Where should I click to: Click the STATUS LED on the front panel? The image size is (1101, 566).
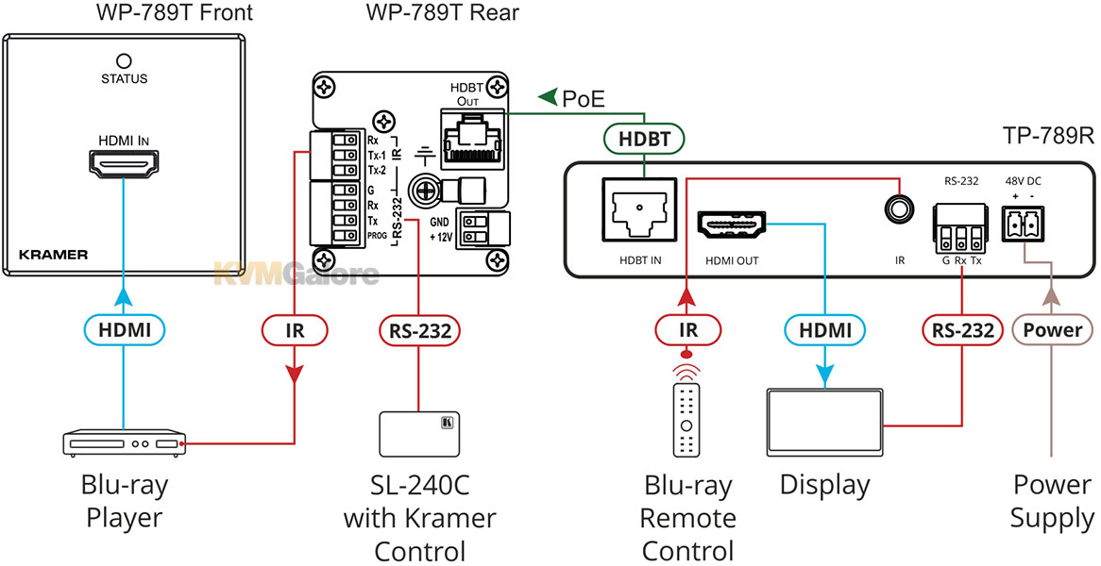click(124, 60)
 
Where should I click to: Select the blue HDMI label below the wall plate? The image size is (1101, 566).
click(124, 329)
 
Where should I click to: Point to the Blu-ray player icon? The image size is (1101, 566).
click(124, 443)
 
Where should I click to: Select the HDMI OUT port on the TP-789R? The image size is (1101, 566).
click(731, 225)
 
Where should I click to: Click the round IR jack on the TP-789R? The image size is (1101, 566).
click(900, 209)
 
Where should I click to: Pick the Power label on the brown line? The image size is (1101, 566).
click(1051, 329)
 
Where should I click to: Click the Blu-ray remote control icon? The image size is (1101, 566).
click(686, 419)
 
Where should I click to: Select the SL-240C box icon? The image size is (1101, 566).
click(419, 433)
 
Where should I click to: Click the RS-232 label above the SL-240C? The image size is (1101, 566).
click(420, 329)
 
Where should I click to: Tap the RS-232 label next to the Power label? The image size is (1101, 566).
click(961, 329)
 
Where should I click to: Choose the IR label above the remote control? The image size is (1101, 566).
click(686, 329)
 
